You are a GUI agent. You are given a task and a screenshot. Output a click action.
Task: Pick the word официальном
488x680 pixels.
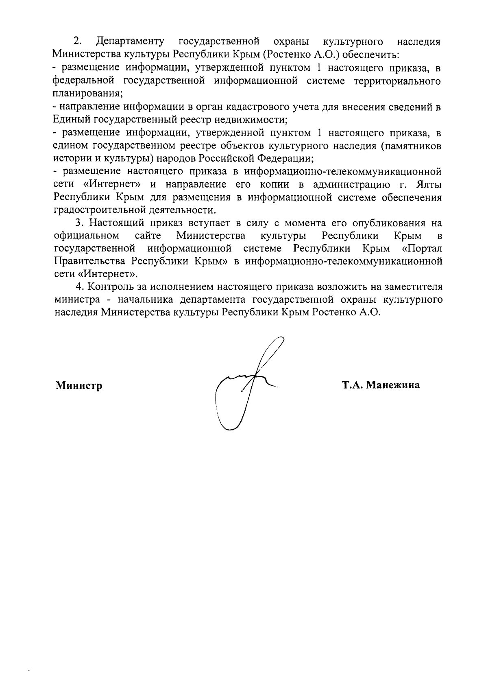click(87, 236)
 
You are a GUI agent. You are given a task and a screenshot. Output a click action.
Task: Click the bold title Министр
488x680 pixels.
click(79, 385)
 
